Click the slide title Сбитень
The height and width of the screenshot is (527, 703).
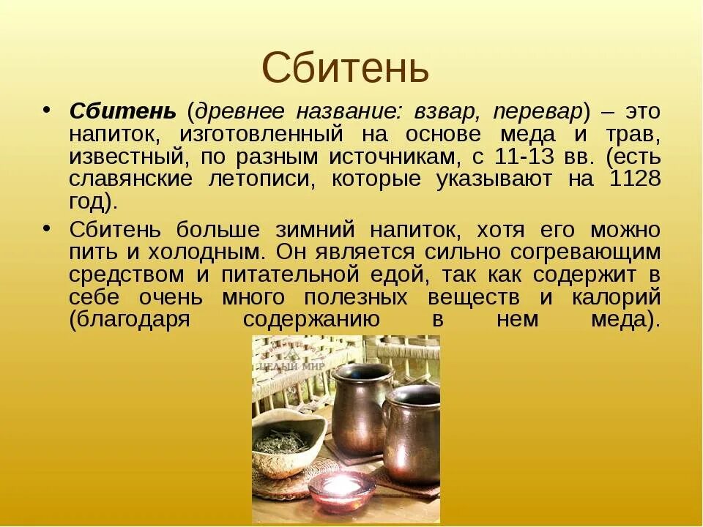(345, 68)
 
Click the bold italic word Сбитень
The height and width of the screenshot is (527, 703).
(122, 111)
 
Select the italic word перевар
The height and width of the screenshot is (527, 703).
(538, 111)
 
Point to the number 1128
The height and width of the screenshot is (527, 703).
(634, 179)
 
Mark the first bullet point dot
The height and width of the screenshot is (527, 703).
(45, 109)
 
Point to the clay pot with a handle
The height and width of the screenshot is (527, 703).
(412, 438)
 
